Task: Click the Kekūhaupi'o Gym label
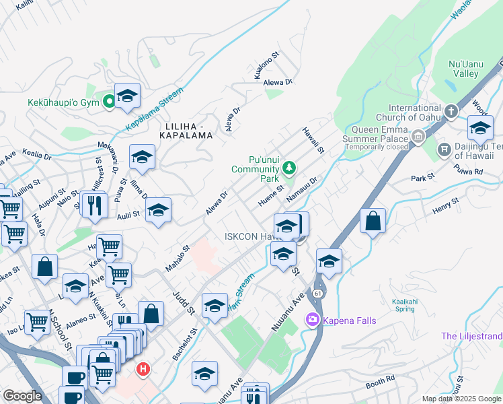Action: pyautogui.click(x=63, y=103)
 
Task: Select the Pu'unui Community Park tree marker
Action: pyautogui.click(x=289, y=167)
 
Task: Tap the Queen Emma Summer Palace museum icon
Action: pyautogui.click(x=418, y=137)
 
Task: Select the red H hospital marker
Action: pyautogui.click(x=143, y=369)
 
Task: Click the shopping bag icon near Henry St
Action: pyautogui.click(x=373, y=222)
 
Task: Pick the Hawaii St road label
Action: pyautogui.click(x=313, y=140)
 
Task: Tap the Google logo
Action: pyautogui.click(x=22, y=396)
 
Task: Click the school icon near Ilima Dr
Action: pyautogui.click(x=142, y=158)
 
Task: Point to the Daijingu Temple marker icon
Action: pyautogui.click(x=443, y=149)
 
